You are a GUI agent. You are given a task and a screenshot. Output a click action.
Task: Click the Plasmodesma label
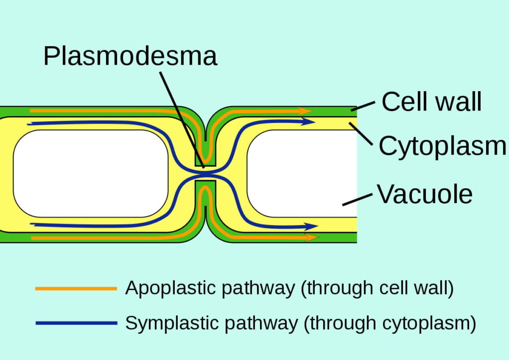pyautogui.click(x=130, y=56)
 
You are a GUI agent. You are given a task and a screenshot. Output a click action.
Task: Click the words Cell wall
pyautogui.click(x=431, y=102)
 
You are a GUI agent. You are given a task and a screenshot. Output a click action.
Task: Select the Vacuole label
pyautogui.click(x=424, y=194)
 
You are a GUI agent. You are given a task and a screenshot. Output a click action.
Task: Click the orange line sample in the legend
pyautogui.click(x=76, y=288)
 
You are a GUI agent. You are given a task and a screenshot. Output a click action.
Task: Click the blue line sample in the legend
pyautogui.click(x=76, y=323)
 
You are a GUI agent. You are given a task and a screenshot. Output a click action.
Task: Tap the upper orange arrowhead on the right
pyautogui.click(x=305, y=111)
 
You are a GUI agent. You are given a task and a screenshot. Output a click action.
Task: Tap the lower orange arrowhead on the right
pyautogui.click(x=312, y=238)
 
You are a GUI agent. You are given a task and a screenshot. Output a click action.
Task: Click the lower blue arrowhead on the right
pyautogui.click(x=312, y=227)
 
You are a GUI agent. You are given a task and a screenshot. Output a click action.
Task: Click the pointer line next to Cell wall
pyautogui.click(x=362, y=105)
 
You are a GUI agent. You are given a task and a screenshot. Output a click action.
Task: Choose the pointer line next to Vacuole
pyautogui.click(x=357, y=199)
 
